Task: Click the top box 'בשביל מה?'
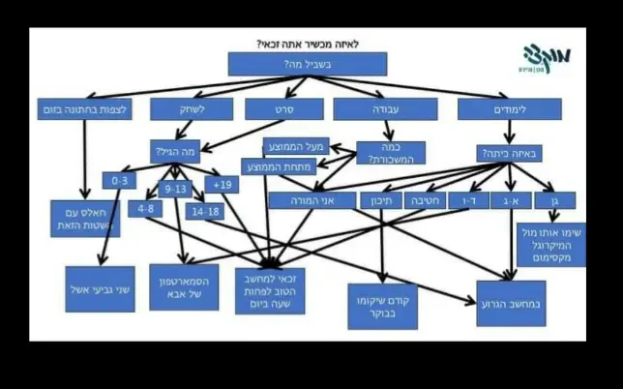(x=307, y=63)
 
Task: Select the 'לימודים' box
(x=510, y=108)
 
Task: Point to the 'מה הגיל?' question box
(x=178, y=152)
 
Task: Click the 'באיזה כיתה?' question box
(x=510, y=153)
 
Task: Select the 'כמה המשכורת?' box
(x=390, y=153)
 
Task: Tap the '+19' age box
(x=222, y=185)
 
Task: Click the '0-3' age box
(x=121, y=181)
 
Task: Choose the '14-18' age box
(x=205, y=210)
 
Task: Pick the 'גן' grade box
(x=554, y=200)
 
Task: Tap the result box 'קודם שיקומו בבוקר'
(x=381, y=305)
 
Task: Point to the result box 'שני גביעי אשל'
(x=99, y=288)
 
